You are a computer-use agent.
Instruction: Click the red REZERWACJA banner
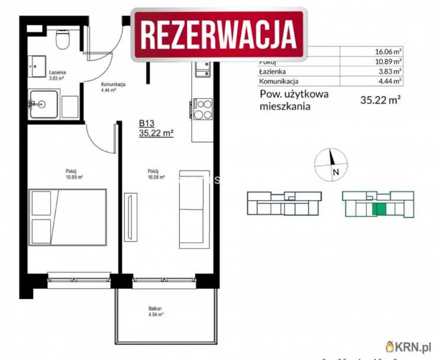click(x=219, y=34)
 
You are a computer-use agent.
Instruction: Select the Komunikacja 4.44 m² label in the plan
click(x=112, y=88)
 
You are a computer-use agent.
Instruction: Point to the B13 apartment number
click(x=147, y=123)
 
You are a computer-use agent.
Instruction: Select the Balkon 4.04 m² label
click(x=156, y=312)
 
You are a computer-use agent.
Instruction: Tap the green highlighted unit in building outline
click(x=379, y=208)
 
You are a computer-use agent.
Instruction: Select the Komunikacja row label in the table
click(x=279, y=81)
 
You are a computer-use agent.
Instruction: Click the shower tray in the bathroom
click(x=43, y=104)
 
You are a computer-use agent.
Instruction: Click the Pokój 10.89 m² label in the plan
click(x=74, y=173)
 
